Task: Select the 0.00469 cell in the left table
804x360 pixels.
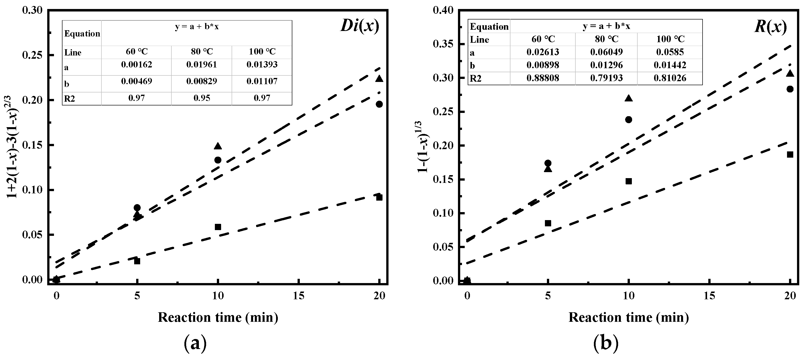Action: [136, 81]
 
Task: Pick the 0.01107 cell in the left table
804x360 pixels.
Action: [262, 81]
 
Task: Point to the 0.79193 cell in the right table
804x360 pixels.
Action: [606, 78]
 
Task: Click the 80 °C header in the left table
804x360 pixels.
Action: [202, 51]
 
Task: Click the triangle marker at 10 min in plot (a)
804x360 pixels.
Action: [218, 146]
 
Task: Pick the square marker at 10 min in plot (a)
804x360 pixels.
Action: [218, 227]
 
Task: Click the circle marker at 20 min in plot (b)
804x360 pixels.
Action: [790, 89]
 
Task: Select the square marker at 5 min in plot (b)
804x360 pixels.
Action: [548, 223]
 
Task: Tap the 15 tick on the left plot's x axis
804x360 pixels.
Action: [299, 296]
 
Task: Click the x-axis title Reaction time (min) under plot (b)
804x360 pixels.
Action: [629, 318]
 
